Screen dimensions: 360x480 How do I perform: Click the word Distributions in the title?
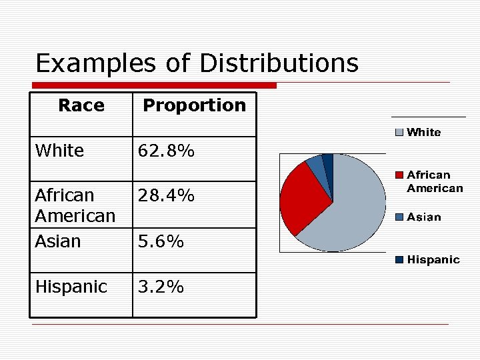pos(279,64)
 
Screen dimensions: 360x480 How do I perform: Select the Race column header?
pos(81,105)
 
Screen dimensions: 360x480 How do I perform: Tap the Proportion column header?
pos(194,105)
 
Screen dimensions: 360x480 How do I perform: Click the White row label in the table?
pos(59,151)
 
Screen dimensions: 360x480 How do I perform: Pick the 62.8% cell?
pos(166,151)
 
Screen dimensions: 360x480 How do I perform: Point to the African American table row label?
pos(75,205)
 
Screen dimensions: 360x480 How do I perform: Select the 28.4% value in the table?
pos(166,196)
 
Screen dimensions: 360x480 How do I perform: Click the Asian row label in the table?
pos(57,241)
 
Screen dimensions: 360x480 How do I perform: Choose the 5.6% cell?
pos(161,241)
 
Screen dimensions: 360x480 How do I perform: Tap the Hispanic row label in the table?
pos(71,287)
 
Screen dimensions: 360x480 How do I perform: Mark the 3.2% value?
pos(161,287)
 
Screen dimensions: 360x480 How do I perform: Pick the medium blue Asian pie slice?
pos(315,165)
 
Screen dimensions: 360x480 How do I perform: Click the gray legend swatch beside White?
pos(399,132)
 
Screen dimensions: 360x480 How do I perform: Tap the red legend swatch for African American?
pos(399,175)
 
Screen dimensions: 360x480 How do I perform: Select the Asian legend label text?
pos(424,217)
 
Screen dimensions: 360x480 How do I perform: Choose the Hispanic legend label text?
pos(433,259)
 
